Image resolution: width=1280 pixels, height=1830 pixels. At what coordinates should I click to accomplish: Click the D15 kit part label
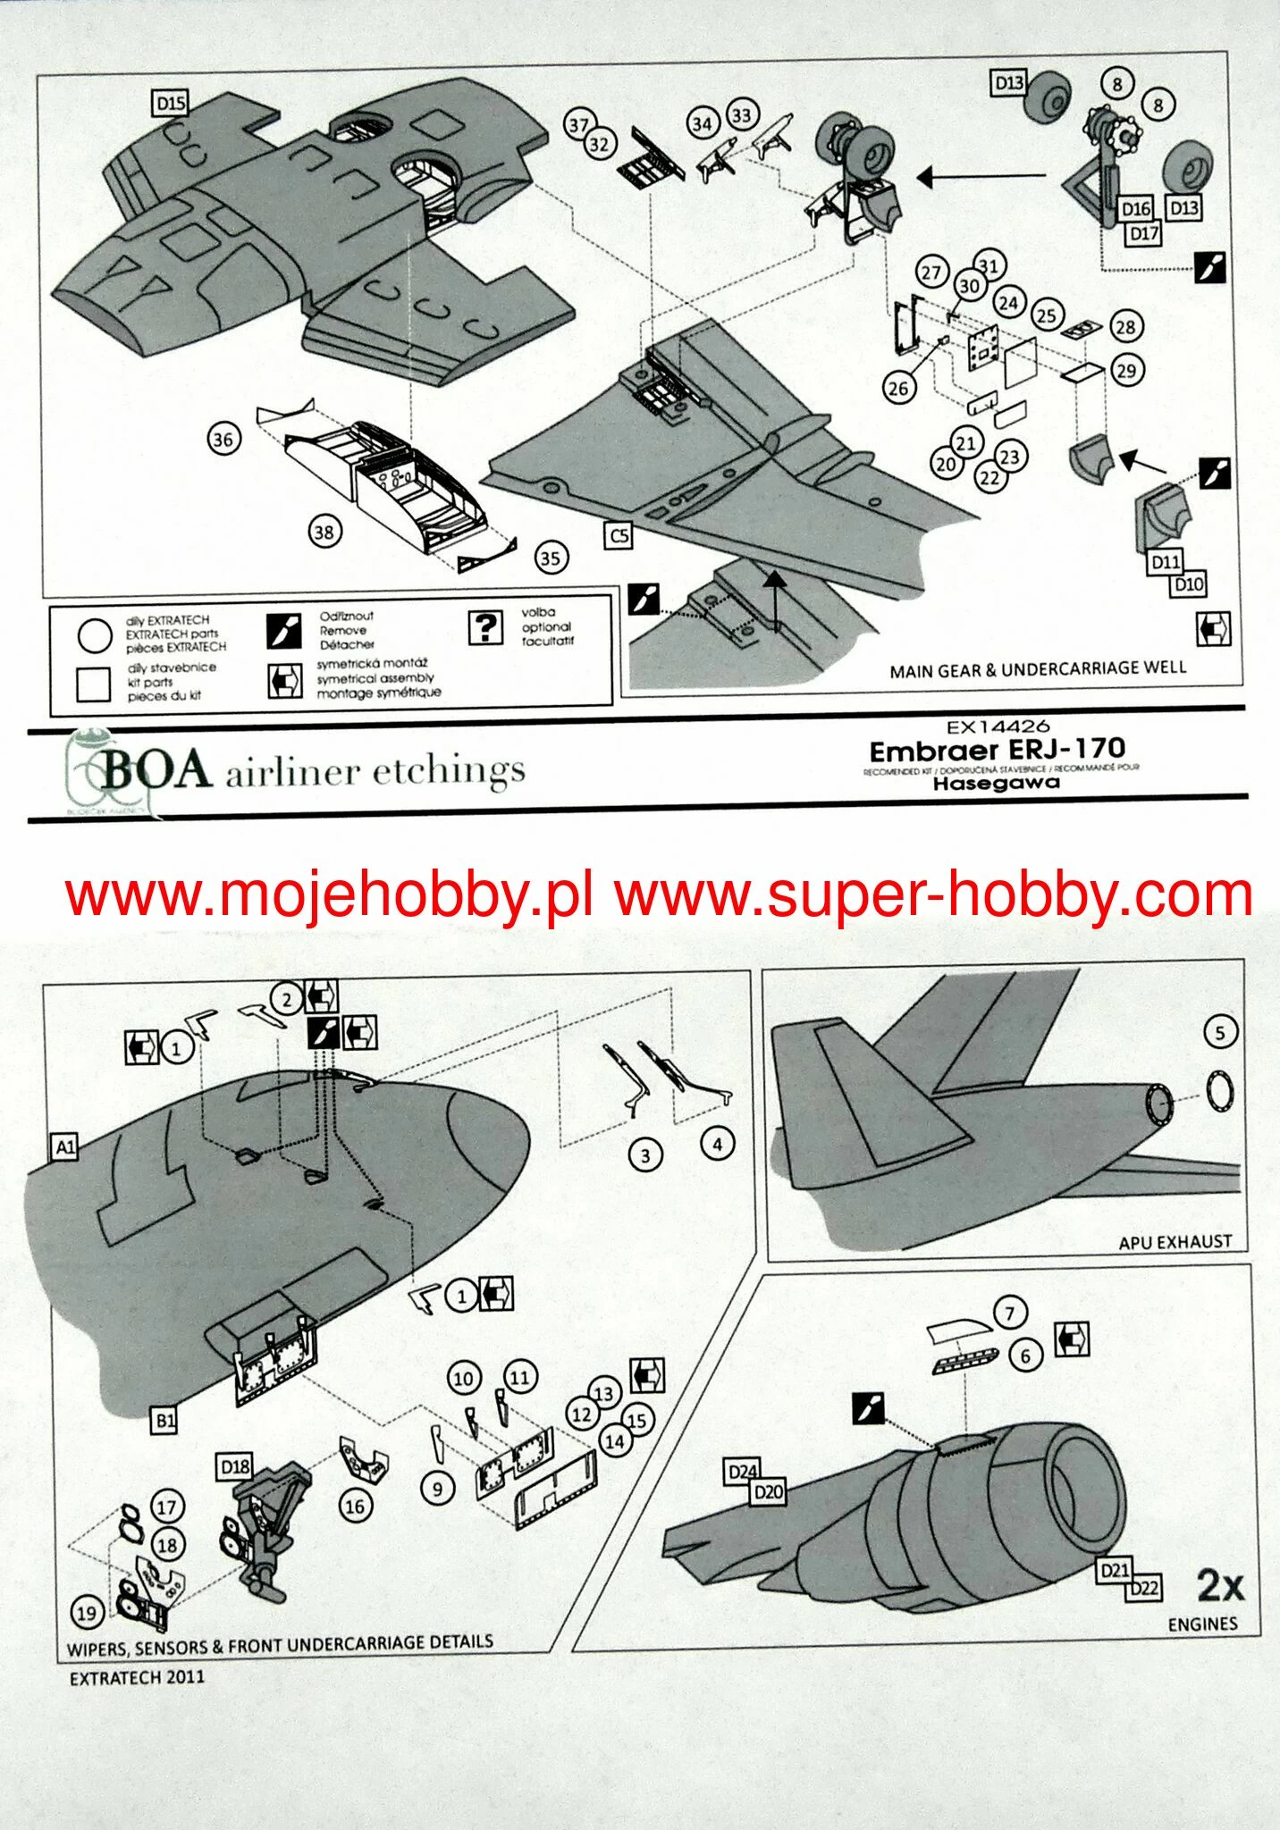[171, 104]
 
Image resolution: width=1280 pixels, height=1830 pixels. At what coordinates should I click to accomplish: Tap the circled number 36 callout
[223, 439]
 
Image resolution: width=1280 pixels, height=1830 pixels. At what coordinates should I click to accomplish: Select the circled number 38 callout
[323, 533]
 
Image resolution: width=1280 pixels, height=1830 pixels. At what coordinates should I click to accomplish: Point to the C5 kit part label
[619, 535]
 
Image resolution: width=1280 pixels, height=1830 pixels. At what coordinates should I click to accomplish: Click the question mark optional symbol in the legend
[484, 627]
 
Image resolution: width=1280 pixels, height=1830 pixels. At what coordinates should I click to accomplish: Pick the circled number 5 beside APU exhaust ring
[1220, 1033]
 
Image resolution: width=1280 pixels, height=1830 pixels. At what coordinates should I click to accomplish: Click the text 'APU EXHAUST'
[1175, 1241]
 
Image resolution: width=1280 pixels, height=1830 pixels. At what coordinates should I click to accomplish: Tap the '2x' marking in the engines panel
[1219, 1586]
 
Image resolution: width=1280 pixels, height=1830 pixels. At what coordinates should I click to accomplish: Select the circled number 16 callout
[355, 1507]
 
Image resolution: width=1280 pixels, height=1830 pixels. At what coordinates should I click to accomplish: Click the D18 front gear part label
[235, 1466]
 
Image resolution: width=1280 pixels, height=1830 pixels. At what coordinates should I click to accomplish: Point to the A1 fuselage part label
[65, 1146]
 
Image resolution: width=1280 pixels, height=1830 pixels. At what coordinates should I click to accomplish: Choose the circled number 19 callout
[87, 1614]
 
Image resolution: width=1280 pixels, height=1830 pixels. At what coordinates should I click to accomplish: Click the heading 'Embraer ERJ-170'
[997, 750]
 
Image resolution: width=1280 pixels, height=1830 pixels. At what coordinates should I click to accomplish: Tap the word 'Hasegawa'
[996, 783]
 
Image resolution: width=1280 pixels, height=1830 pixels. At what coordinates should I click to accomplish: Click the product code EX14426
[998, 726]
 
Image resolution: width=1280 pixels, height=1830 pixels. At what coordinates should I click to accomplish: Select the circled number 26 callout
[897, 388]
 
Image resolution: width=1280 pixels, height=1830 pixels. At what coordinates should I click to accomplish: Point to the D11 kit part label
[1165, 562]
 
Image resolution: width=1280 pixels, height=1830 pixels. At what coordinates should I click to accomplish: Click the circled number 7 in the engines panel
[1010, 1314]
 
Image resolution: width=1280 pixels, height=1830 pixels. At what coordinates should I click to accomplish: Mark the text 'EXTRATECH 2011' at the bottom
[137, 1677]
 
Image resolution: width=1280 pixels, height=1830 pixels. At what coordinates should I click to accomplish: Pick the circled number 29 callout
[1126, 370]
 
